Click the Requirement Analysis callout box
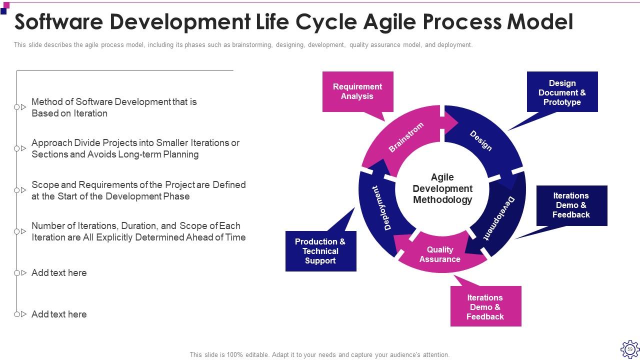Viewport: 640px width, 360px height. (357, 91)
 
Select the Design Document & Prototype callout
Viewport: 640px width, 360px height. (562, 92)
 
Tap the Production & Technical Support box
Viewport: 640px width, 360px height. (320, 251)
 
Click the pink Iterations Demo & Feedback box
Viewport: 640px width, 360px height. (485, 307)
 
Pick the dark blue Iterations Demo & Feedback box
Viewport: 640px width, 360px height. (571, 205)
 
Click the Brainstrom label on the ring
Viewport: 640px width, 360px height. (406, 137)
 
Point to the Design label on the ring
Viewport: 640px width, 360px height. (480, 140)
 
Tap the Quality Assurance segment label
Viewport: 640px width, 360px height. (440, 254)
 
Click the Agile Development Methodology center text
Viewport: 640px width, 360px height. (442, 188)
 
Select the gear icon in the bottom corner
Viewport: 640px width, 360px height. (629, 349)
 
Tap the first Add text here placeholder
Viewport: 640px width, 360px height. (59, 273)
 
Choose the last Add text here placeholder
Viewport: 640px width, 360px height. (59, 314)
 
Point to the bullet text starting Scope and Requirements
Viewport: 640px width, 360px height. (138, 190)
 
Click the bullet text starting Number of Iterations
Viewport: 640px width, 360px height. (138, 231)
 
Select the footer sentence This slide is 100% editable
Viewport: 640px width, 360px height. (319, 354)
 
